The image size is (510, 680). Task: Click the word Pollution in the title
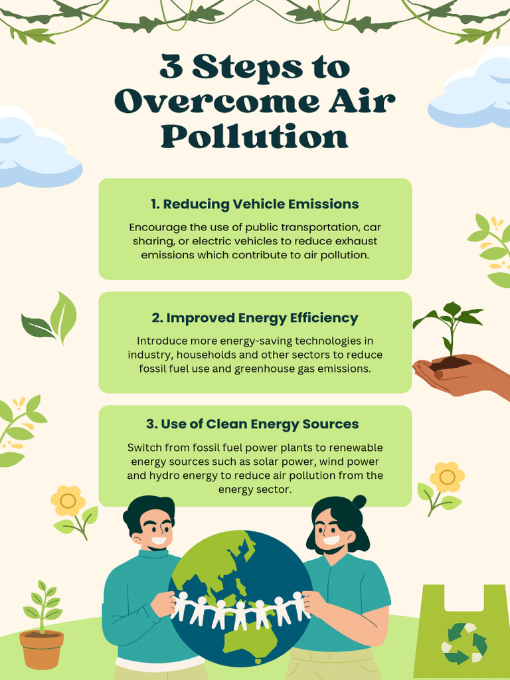[255, 136]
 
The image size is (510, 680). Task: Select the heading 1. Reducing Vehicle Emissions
[255, 204]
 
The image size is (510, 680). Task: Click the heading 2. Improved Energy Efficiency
[255, 318]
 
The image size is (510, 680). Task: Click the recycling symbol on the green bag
[464, 643]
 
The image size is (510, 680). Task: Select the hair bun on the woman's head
[359, 501]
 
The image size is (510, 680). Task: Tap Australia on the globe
[250, 638]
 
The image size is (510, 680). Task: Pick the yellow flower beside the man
[68, 501]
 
